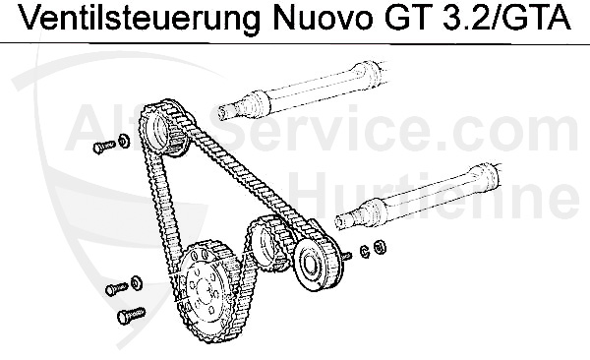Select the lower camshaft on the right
click(x=433, y=196)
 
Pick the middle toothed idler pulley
click(x=265, y=240)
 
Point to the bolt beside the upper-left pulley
click(x=99, y=147)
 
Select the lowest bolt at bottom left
click(x=125, y=317)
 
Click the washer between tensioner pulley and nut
click(x=364, y=249)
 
